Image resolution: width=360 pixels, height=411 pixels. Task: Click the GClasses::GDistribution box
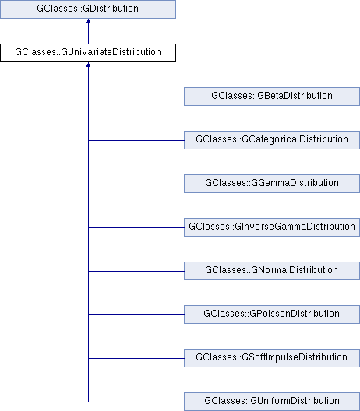[x=88, y=9]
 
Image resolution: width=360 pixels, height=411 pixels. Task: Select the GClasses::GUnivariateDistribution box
[x=88, y=53]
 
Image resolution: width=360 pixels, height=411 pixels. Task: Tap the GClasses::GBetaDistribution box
[x=272, y=97]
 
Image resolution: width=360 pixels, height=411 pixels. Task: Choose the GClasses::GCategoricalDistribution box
[x=272, y=140]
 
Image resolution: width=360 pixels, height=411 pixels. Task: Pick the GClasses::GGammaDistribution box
[x=272, y=184]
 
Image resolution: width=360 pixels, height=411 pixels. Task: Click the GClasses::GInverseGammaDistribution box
[x=272, y=227]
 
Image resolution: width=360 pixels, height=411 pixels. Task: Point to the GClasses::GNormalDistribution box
[x=272, y=271]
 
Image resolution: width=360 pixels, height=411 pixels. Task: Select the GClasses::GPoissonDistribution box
[x=272, y=314]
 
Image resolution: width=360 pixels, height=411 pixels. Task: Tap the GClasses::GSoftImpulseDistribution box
[x=272, y=358]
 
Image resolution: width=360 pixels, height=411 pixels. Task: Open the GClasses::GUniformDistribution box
[x=272, y=402]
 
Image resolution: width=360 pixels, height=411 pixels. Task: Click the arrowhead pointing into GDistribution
[x=88, y=21]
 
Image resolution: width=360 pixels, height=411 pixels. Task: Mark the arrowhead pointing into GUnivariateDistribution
[x=88, y=65]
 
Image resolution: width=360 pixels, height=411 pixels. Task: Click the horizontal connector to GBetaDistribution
[x=136, y=97]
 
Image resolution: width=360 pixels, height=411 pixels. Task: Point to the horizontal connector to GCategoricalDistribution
[x=136, y=140]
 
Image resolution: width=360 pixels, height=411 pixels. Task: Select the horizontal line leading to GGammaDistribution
[x=136, y=184]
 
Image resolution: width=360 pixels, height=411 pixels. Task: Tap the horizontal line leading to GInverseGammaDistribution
[x=136, y=227]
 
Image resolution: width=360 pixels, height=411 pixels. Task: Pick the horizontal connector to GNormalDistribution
[x=136, y=271]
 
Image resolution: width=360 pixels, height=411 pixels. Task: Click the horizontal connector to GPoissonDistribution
[x=136, y=314]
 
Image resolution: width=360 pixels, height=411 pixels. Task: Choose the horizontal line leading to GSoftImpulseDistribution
[x=136, y=358]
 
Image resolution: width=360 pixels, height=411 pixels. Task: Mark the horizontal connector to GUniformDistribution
[x=136, y=402]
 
